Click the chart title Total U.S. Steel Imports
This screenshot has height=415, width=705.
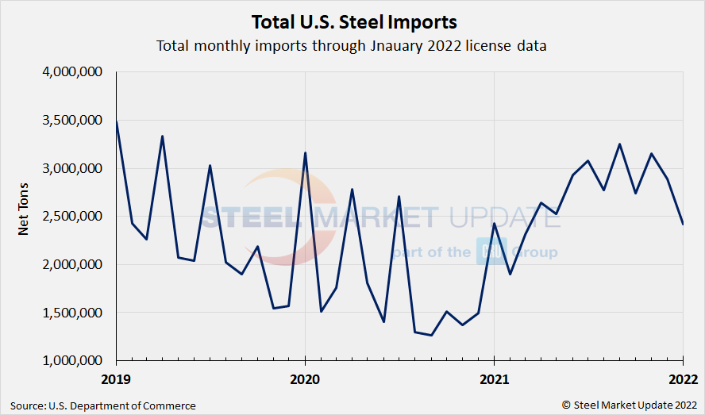[353, 21]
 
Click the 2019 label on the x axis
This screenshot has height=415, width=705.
[116, 378]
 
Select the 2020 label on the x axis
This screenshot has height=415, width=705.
[305, 378]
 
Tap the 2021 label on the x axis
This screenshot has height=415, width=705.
[494, 378]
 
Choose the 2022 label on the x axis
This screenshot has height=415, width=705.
[682, 378]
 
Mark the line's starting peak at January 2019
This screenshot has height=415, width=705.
[117, 121]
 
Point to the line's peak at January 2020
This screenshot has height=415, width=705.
[306, 152]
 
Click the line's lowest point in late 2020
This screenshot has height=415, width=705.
[431, 335]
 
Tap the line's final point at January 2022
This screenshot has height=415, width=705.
[683, 224]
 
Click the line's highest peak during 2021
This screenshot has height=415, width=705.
[619, 144]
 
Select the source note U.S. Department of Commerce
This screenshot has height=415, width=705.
[102, 405]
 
